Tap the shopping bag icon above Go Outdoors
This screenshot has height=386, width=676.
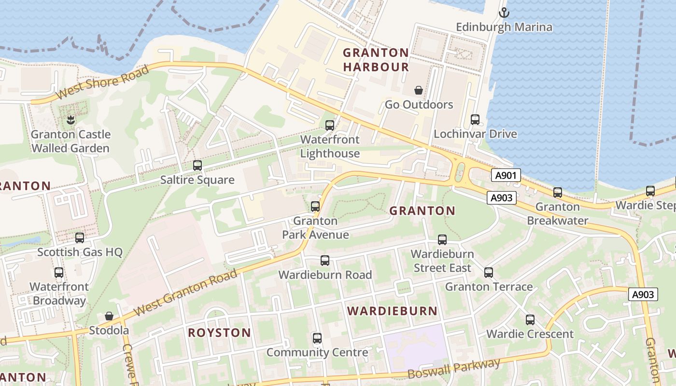[419, 90]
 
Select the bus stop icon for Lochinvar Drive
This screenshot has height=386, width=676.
[475, 119]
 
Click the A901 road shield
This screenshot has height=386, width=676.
[506, 175]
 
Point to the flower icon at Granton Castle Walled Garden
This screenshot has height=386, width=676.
[70, 120]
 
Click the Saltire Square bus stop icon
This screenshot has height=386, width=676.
[197, 165]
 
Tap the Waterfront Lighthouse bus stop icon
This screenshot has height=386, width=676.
[330, 125]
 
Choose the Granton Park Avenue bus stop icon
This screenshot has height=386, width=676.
[315, 207]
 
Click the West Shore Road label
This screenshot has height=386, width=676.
[102, 83]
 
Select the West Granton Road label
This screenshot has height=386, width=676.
[186, 293]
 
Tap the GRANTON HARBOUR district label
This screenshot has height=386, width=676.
[376, 60]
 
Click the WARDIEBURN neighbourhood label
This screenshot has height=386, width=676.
[392, 311]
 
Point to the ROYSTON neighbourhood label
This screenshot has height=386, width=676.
[219, 333]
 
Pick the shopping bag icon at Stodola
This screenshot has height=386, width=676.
[109, 316]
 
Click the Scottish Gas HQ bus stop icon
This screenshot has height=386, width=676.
[80, 237]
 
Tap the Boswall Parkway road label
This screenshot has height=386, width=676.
[454, 369]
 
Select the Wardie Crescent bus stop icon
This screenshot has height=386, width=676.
[530, 319]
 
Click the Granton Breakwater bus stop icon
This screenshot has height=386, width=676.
[558, 193]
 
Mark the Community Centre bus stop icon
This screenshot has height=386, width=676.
[317, 338]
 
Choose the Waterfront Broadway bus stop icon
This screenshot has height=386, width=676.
[59, 273]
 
